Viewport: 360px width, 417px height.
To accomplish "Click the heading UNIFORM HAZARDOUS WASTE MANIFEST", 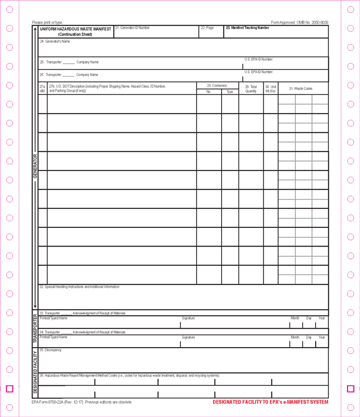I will click(x=76, y=29).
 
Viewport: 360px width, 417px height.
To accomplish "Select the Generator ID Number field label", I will click(x=133, y=28).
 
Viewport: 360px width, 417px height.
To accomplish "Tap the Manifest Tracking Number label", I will click(x=247, y=28).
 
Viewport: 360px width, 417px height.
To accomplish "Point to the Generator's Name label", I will click(x=55, y=41).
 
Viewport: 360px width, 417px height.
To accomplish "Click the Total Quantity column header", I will click(x=251, y=89).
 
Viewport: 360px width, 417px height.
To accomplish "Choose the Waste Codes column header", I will click(x=301, y=89).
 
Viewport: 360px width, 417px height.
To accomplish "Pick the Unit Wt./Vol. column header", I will click(x=271, y=89).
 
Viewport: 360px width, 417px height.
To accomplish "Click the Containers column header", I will click(x=217, y=85).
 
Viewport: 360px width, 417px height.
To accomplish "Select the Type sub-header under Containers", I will click(x=230, y=92).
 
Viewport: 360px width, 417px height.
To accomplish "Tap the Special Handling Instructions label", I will click(x=79, y=287).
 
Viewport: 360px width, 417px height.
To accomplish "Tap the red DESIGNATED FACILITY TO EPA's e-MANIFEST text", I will click(x=270, y=402).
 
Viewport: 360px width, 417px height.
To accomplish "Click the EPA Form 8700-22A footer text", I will click(x=82, y=402).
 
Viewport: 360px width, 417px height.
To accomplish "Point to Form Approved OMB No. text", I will click(x=299, y=22).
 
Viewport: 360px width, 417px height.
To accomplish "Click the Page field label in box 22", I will click(x=208, y=28).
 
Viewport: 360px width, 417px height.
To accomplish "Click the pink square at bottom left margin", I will click(x=9, y=389).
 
